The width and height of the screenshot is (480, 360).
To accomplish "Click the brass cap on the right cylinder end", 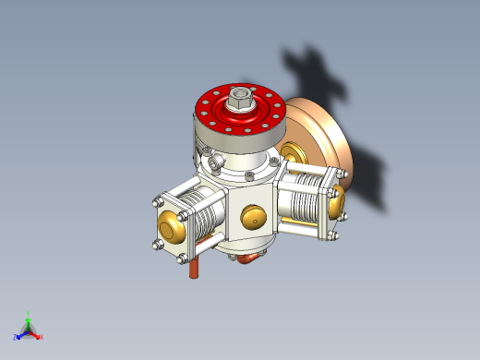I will (336, 198).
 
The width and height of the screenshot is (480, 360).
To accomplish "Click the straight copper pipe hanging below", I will (195, 269).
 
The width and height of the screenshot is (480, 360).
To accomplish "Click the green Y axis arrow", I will (29, 320).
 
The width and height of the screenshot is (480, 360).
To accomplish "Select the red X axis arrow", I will (36, 334).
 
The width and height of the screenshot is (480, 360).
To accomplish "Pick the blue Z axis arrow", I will (20, 335).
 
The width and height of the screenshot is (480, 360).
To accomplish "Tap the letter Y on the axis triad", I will (29, 312).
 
